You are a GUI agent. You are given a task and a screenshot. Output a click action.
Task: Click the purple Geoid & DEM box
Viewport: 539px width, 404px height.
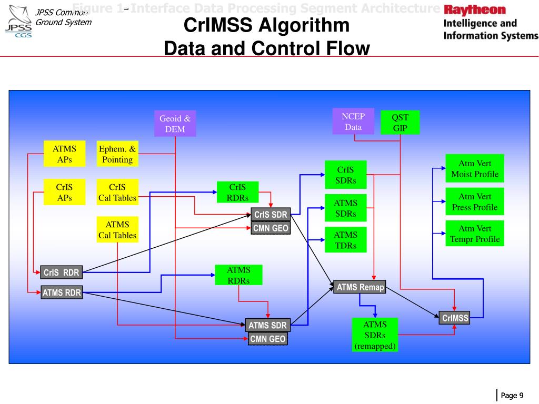pos(175,124)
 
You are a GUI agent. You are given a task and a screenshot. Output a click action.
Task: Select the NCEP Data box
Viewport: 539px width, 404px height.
pos(353,122)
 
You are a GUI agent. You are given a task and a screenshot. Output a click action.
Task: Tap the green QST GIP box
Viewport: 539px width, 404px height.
pos(400,123)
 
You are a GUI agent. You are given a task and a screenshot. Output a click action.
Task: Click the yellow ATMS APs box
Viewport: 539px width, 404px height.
pos(64,154)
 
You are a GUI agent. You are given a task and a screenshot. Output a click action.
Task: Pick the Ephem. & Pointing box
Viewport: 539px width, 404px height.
pos(117,154)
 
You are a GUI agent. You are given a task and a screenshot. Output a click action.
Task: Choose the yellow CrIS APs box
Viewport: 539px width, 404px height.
pos(64,193)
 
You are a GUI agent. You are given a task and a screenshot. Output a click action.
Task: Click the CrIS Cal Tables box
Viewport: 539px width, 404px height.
pos(117,193)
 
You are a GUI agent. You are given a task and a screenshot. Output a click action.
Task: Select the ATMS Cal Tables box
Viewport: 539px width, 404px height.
pos(117,230)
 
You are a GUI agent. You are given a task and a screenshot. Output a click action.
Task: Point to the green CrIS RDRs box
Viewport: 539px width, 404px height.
pos(238,193)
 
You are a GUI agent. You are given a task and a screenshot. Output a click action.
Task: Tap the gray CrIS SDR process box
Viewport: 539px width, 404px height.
pos(271,215)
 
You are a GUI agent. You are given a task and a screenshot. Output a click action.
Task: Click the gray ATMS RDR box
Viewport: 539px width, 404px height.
pos(62,292)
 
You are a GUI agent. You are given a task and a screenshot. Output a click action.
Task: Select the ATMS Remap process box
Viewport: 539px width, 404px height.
pos(360,287)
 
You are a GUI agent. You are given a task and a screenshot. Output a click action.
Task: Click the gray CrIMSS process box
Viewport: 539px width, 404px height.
pos(455,318)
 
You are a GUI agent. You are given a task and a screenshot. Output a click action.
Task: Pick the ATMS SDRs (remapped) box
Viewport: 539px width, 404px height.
pos(375,335)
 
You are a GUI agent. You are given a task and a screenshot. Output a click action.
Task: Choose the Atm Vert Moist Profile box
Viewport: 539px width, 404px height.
pos(474,169)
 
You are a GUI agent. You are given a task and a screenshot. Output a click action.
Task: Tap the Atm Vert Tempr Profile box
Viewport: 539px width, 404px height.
pos(474,234)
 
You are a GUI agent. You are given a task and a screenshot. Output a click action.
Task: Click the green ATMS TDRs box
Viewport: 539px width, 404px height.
pos(345,240)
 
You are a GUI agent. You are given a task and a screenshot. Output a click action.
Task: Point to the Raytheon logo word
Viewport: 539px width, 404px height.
pos(474,10)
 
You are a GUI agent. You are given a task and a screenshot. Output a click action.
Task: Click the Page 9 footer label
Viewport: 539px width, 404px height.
pos(512,396)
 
